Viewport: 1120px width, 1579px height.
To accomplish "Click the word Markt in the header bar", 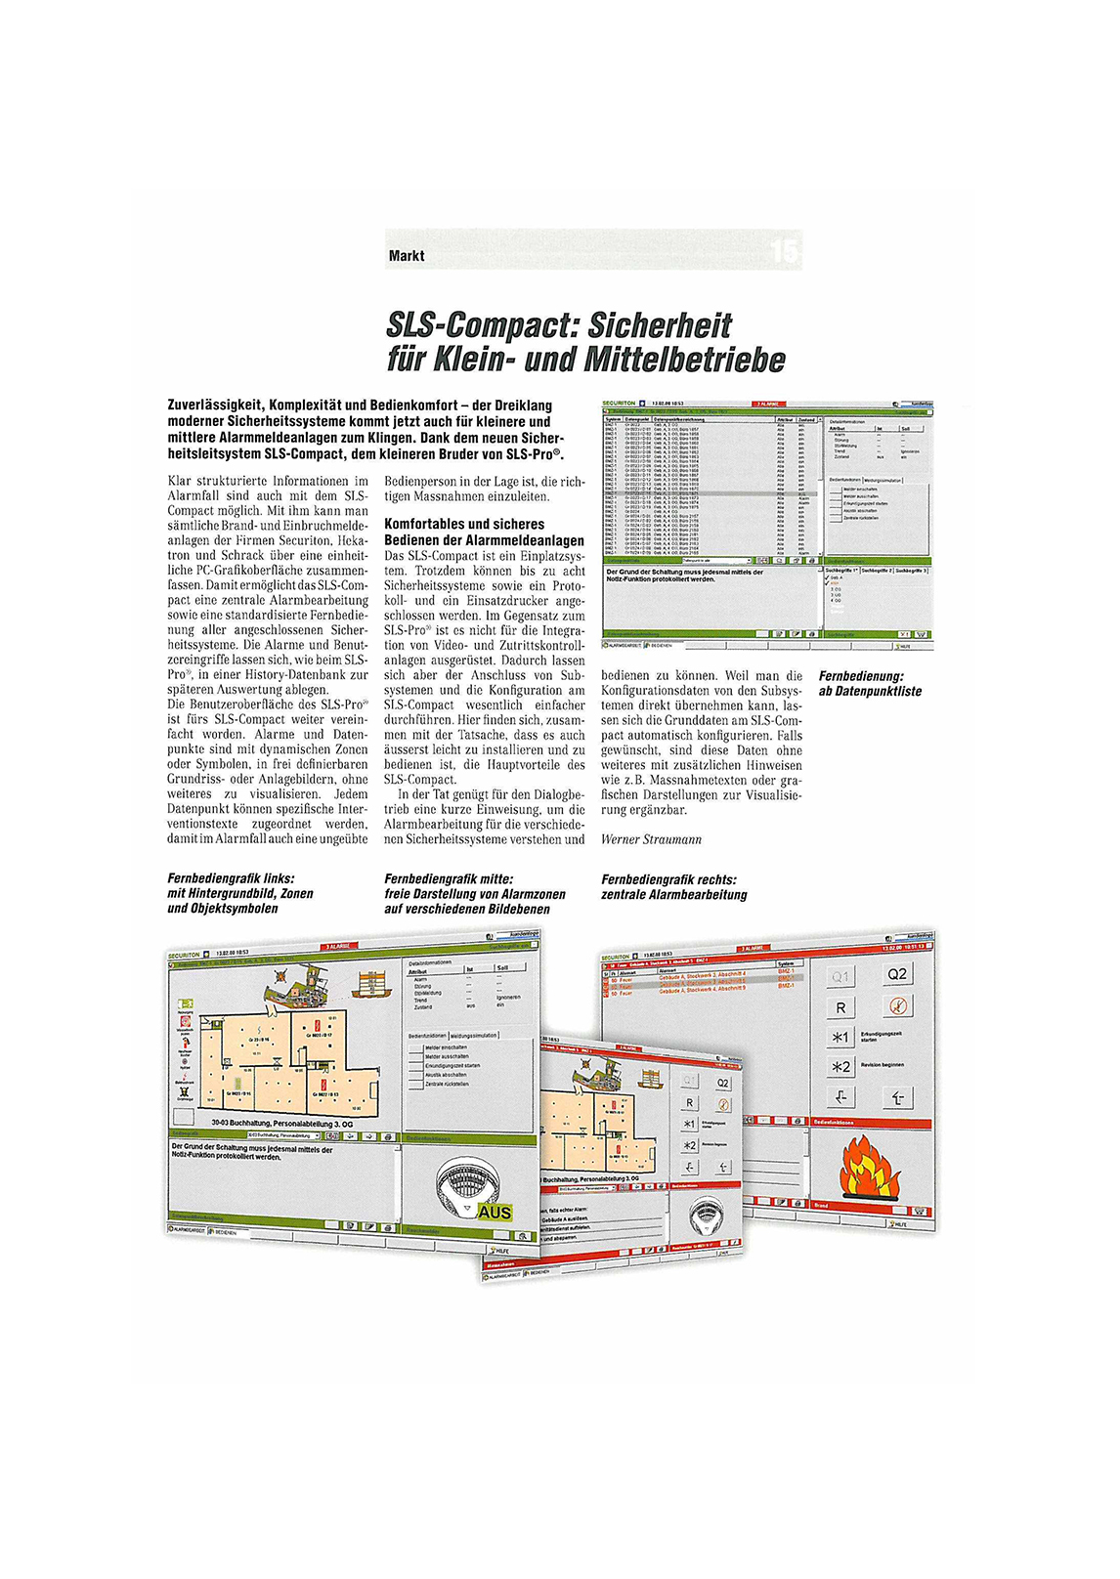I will coord(407,256).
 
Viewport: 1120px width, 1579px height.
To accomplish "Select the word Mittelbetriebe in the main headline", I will coord(684,361).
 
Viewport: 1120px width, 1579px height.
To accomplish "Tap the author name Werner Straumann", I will coord(651,839).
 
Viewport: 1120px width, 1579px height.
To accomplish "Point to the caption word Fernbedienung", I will coord(861,676).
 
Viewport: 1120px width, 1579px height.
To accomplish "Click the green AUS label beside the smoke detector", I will coord(495,1213).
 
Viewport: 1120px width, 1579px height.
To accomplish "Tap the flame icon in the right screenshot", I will coord(864,1169).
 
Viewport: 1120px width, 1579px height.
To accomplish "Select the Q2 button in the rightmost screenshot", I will coord(896,974).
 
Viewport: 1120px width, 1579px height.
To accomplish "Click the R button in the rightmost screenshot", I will coord(840,1006).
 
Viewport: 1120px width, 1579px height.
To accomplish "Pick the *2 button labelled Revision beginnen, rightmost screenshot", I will coord(840,1067).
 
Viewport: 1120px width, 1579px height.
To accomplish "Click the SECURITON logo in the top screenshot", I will coord(619,403).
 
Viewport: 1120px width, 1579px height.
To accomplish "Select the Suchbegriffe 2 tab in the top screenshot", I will coord(877,570).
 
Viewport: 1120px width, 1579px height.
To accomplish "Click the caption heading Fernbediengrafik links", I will coord(231,878).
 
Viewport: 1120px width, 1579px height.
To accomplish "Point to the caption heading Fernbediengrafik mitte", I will coord(449,878).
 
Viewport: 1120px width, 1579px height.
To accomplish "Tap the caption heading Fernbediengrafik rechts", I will coord(668,879).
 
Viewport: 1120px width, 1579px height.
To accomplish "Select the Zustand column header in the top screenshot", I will coord(805,419).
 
